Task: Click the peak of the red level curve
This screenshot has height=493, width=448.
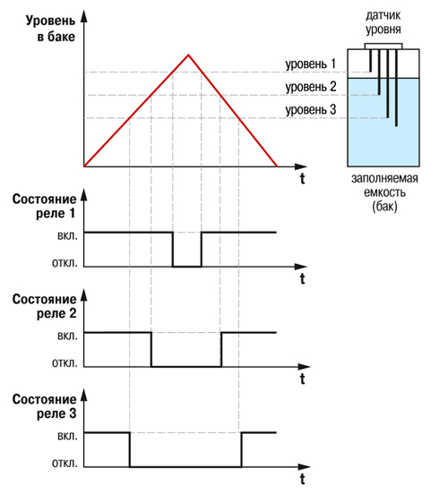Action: pos(188,55)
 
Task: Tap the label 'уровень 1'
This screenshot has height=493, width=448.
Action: pos(310,64)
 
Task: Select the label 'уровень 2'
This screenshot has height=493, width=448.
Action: pos(311,87)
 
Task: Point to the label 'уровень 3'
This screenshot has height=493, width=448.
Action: pos(311,110)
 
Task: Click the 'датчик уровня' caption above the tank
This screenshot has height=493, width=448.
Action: pos(383,22)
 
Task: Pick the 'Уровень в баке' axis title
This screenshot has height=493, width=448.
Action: pos(51,29)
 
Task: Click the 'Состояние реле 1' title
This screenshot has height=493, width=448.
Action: pos(45,207)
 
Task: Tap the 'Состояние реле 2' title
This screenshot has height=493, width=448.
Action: pos(45,306)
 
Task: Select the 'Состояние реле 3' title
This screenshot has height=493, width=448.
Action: pos(45,406)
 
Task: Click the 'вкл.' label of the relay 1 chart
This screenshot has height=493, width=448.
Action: pos(67,236)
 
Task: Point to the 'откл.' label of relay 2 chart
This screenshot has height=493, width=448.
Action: pos(65,363)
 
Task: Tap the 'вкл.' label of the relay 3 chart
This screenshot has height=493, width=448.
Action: pos(67,436)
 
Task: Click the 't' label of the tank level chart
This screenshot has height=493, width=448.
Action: pos(303,179)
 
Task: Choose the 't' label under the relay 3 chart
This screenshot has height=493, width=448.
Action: pos(303,480)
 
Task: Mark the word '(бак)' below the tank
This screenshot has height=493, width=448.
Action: pos(384,207)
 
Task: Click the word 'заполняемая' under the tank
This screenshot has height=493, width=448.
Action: pos(384,178)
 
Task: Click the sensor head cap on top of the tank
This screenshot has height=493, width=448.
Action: pos(383,47)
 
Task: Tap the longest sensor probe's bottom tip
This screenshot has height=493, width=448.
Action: pos(396,126)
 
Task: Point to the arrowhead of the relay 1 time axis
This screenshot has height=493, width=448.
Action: pos(301,267)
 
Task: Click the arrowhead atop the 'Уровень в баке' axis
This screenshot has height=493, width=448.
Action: pos(83,16)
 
